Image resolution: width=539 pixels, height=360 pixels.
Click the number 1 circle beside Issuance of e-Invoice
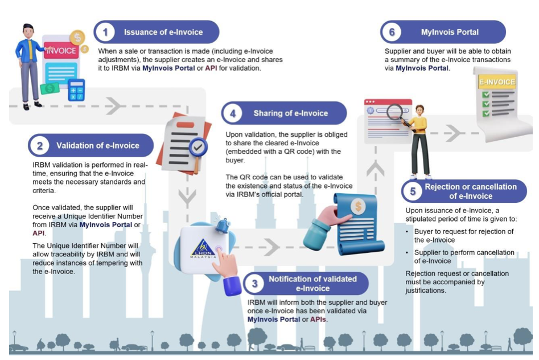tap(105, 32)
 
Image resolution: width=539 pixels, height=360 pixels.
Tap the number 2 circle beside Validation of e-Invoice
tap(40, 146)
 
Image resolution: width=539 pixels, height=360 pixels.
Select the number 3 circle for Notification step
tap(255, 284)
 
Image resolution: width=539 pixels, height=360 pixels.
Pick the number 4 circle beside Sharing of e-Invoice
tap(233, 113)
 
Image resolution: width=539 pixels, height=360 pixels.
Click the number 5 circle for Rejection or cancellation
tap(413, 191)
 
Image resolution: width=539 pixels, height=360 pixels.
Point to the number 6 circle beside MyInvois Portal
tap(392, 32)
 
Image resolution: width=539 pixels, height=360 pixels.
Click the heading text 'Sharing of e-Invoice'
tap(290, 113)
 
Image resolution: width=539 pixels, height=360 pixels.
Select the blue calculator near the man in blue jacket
tap(76, 90)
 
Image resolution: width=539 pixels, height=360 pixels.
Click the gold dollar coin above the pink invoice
tap(77, 38)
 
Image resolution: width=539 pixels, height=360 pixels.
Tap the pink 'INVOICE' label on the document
tap(61, 51)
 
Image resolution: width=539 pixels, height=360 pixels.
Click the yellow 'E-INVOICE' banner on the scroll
tap(497, 82)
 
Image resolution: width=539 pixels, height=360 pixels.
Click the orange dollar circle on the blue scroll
tap(358, 207)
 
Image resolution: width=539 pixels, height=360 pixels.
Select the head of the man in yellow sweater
tap(420, 111)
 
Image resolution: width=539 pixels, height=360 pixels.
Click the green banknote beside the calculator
tap(50, 88)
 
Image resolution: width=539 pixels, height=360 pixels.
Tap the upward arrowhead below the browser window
tap(376, 169)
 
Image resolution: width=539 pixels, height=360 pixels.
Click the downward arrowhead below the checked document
tap(187, 198)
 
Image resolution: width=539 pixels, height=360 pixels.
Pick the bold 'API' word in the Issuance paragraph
tap(211, 68)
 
